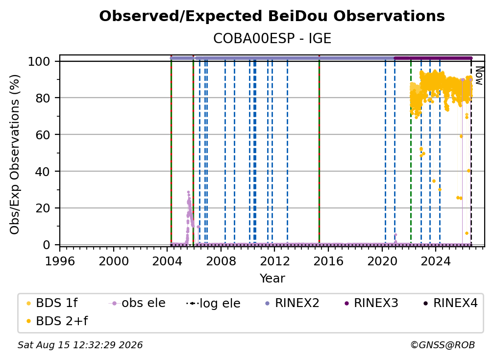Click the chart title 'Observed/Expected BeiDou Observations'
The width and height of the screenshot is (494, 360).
tap(272, 16)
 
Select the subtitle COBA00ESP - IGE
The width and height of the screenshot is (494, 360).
tap(272, 39)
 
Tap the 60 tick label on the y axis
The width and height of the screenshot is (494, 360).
tap(43, 134)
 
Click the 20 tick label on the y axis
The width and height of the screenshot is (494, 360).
tap(43, 208)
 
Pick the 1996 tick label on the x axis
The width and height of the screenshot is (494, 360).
tap(60, 261)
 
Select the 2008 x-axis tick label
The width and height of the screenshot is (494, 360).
tap(221, 261)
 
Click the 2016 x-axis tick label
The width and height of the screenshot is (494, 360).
tap(328, 261)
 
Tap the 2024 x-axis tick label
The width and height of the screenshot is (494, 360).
tap(436, 261)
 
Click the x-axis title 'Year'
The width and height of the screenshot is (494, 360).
tap(272, 279)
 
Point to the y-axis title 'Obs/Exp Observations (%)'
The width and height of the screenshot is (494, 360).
tap(15, 154)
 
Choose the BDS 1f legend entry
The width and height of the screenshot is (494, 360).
tap(51, 303)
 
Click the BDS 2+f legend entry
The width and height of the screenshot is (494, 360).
tap(57, 321)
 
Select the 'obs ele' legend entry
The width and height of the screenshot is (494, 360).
tap(137, 303)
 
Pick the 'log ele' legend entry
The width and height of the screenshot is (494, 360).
tap(214, 304)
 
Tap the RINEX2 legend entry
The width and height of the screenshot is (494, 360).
tap(293, 303)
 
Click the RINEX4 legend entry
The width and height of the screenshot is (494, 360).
tap(450, 303)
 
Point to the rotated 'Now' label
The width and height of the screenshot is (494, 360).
tap(479, 76)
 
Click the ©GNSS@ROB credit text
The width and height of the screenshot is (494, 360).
tap(443, 345)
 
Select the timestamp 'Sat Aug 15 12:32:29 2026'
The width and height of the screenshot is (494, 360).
tap(80, 345)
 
